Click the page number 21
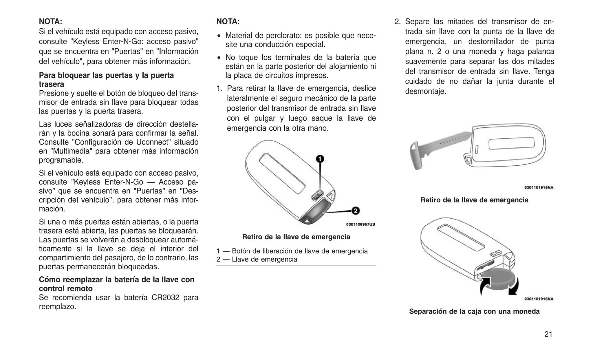pyautogui.click(x=548, y=334)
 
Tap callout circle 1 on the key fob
pyautogui.click(x=320, y=159)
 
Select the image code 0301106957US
pyautogui.click(x=360, y=224)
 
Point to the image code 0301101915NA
pyautogui.click(x=539, y=187)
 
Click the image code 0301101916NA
pyautogui.click(x=539, y=299)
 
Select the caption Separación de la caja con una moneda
pyautogui.click(x=474, y=311)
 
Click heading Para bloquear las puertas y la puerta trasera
pyautogui.click(x=106, y=80)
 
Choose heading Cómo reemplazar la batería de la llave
pyautogui.click(x=116, y=284)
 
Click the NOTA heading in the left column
pyautogui.click(x=50, y=21)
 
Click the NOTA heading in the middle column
pyautogui.click(x=228, y=21)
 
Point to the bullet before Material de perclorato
pyautogui.click(x=219, y=36)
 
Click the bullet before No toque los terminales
pyautogui.click(x=219, y=58)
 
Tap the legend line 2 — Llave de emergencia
pyautogui.click(x=257, y=259)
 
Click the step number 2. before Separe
pyautogui.click(x=398, y=22)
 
